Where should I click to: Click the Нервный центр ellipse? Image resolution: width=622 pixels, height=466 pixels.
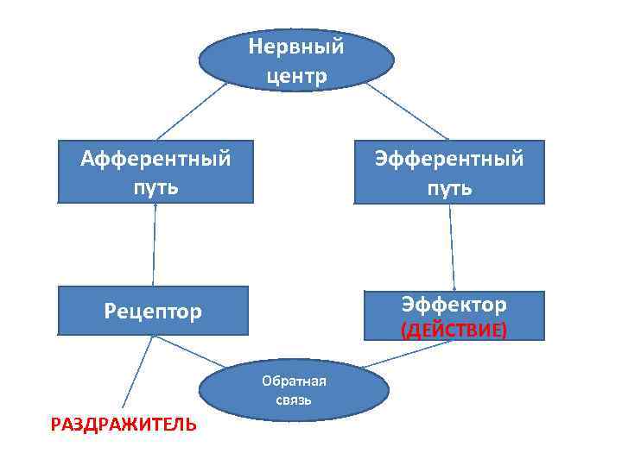[296, 60]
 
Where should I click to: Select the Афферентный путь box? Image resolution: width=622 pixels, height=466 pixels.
[155, 172]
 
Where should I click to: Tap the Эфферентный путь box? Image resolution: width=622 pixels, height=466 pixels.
[449, 172]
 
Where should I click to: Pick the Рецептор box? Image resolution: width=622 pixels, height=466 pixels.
[153, 312]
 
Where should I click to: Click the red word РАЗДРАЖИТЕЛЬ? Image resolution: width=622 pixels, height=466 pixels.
[123, 424]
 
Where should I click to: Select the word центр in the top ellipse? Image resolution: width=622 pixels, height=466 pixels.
[297, 76]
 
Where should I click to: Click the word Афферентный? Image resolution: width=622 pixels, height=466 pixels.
[155, 159]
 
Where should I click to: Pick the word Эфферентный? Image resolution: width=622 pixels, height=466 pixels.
[449, 159]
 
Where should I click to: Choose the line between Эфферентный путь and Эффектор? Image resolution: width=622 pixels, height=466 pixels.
[451, 247]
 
